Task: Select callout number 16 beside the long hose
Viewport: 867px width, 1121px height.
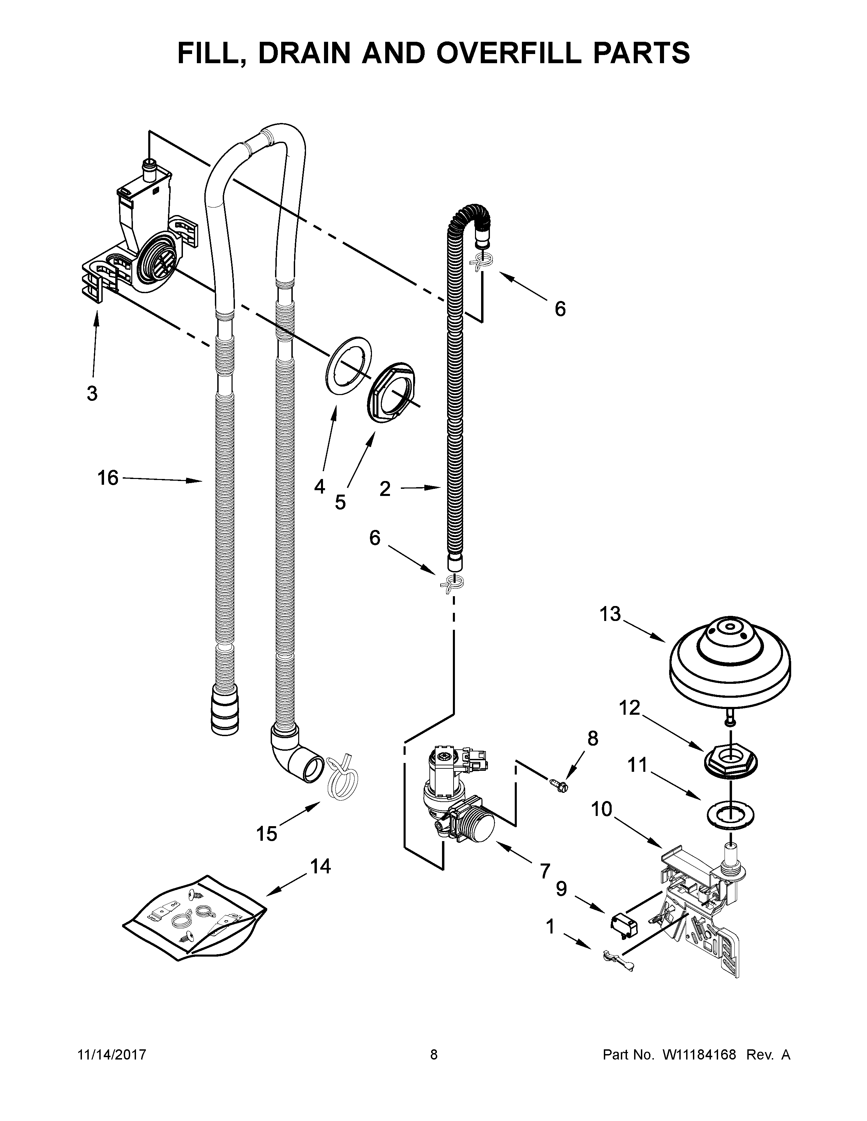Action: pyautogui.click(x=108, y=478)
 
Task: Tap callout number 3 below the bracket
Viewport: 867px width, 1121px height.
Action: pyautogui.click(x=91, y=394)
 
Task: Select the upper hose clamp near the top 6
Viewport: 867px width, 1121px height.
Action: pyautogui.click(x=481, y=262)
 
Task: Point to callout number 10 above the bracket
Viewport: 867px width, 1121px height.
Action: pyautogui.click(x=601, y=809)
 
